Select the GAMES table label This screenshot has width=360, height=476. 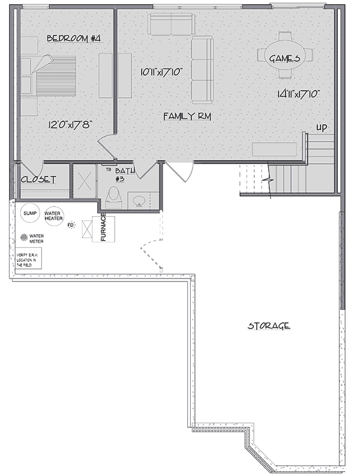pos(284,58)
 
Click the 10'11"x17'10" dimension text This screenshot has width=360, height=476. pos(161,73)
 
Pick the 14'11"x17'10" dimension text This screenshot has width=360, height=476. pos(297,94)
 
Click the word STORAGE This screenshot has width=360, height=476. pos(269,326)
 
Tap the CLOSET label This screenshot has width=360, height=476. pos(38,180)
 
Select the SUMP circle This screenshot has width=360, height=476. pos(30,213)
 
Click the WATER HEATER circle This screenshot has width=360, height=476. pos(53,215)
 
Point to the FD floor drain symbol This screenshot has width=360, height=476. pos(70,225)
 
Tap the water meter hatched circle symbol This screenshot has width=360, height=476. pos(25,236)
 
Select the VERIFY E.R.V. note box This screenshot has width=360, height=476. pos(29,259)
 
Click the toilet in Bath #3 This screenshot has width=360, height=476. pos(113,196)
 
